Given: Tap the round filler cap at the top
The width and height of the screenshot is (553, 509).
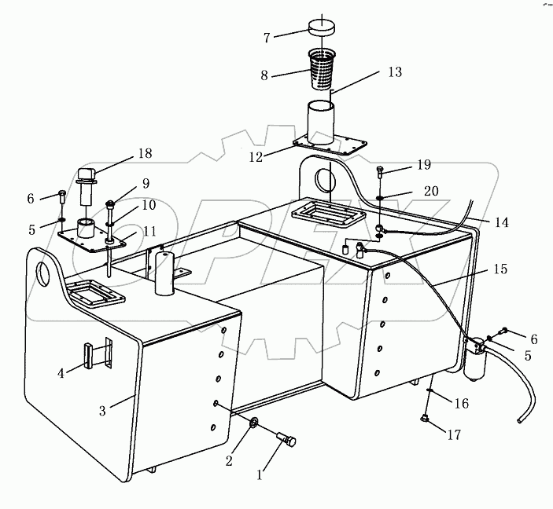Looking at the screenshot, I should [322, 27].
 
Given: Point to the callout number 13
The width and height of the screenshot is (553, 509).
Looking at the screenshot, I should [394, 72].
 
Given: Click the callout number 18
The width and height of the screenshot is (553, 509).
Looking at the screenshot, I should [144, 153].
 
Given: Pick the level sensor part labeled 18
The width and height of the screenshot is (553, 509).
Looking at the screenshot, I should [85, 185].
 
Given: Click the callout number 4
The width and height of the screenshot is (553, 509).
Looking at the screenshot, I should [61, 373].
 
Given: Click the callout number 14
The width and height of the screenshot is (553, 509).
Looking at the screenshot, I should [501, 222].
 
